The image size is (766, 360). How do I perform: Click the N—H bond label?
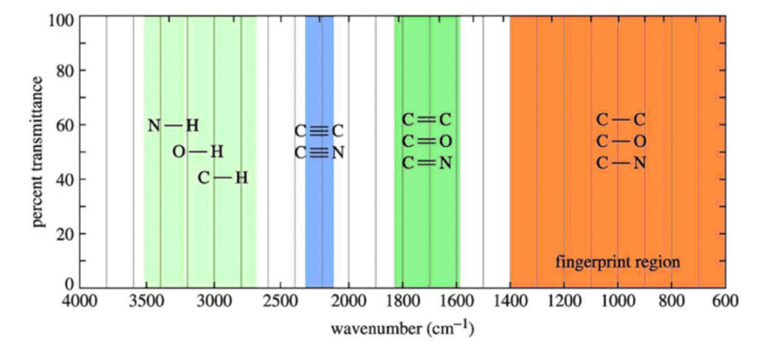point(174,126)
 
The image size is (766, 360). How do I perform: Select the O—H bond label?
point(198,152)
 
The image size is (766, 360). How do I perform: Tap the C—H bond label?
point(223,178)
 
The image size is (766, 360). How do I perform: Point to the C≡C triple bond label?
point(319,131)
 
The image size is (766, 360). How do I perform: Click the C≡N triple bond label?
point(319,153)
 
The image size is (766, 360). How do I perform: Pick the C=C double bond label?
point(427,120)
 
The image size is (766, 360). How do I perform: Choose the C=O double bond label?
point(427,141)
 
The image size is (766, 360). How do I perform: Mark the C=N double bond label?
point(427,163)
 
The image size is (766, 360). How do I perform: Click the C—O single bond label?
point(621,141)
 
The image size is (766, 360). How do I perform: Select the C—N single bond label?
point(621,163)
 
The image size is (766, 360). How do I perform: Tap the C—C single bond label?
point(621,120)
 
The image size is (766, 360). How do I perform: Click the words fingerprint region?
point(618,262)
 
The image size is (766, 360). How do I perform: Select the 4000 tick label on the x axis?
point(79,302)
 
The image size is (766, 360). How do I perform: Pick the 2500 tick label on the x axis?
point(281,302)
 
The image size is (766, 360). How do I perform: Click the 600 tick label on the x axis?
point(725,302)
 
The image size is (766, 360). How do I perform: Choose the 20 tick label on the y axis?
point(63,234)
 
